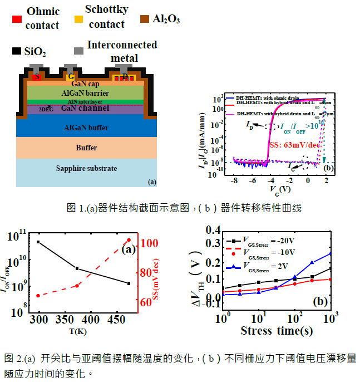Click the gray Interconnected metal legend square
[80, 50]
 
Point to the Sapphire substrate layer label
[86, 169]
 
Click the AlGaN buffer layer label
[86, 127]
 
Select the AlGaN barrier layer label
[86, 92]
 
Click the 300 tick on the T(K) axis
[39, 320]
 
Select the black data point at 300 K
[38, 242]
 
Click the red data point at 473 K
[129, 240]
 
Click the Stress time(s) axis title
[276, 331]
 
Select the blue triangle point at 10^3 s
[331, 253]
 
